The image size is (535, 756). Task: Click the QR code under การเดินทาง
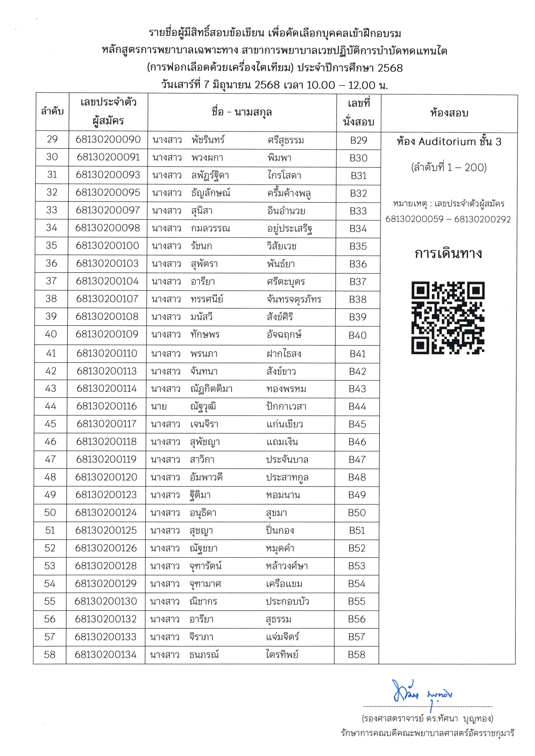coord(448,318)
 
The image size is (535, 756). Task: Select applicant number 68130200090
coord(108,140)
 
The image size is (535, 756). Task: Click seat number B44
coord(357,406)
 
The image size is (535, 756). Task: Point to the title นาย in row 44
coord(159,406)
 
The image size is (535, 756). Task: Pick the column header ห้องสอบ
coord(449,113)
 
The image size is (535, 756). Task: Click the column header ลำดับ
coord(52,112)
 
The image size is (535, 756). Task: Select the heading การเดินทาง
coord(448,253)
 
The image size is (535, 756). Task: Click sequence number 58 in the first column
coord(50,655)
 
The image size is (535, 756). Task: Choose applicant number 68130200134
coord(106,655)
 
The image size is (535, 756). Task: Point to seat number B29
coord(359,141)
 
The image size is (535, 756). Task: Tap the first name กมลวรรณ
coord(211,228)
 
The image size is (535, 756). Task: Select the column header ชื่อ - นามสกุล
coord(242,112)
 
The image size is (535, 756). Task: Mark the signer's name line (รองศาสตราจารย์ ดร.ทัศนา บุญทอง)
coord(428,719)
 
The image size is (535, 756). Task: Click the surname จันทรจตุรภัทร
coord(294,300)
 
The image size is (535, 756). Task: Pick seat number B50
coord(357,513)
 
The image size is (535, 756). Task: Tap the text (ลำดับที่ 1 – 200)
coord(449,168)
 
